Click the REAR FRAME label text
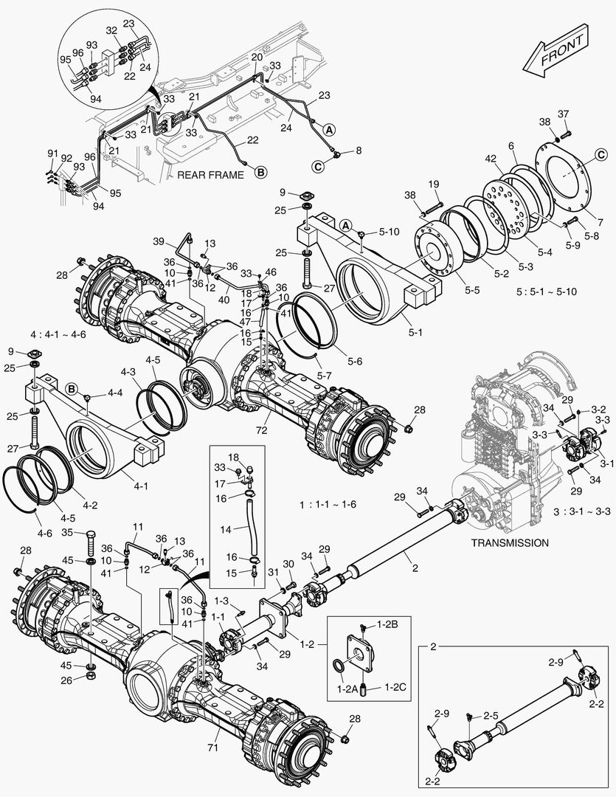click(x=211, y=175)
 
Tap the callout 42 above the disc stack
click(x=489, y=158)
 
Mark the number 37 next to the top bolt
click(x=564, y=114)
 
